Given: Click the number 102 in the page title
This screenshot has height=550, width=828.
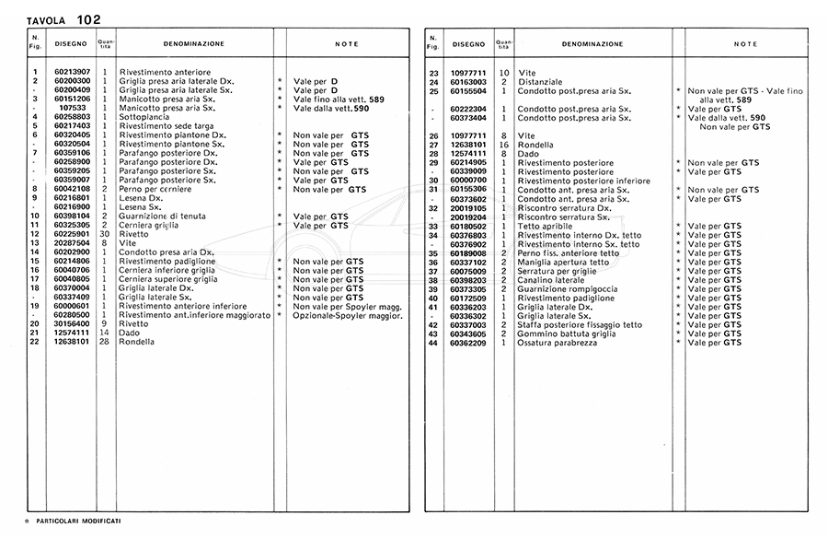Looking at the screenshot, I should click(x=89, y=18).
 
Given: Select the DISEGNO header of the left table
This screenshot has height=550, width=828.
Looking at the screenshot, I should click(x=71, y=43).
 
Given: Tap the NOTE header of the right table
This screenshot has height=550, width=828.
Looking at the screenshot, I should click(x=745, y=43).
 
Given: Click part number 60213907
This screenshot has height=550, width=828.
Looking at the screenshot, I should click(x=72, y=72).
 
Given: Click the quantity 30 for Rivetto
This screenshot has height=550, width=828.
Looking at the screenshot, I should click(x=105, y=234).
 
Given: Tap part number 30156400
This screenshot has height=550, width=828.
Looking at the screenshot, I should click(x=72, y=323).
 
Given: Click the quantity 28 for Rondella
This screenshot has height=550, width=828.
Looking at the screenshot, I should click(x=105, y=342).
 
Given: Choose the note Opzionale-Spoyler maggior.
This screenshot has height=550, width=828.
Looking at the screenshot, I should click(x=348, y=315).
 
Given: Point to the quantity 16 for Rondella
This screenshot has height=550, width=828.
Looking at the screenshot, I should click(x=503, y=145).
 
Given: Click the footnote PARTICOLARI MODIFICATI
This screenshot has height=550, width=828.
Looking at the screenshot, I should click(x=79, y=521).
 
